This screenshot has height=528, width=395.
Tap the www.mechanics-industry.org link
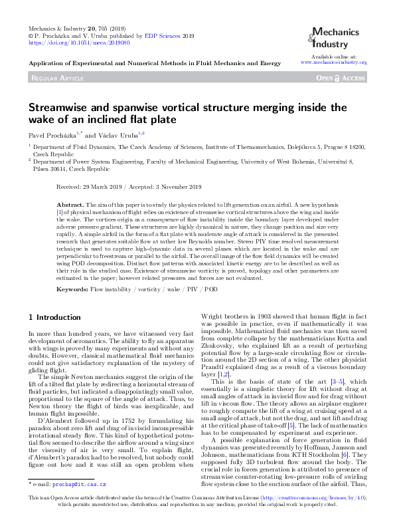[334, 62]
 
